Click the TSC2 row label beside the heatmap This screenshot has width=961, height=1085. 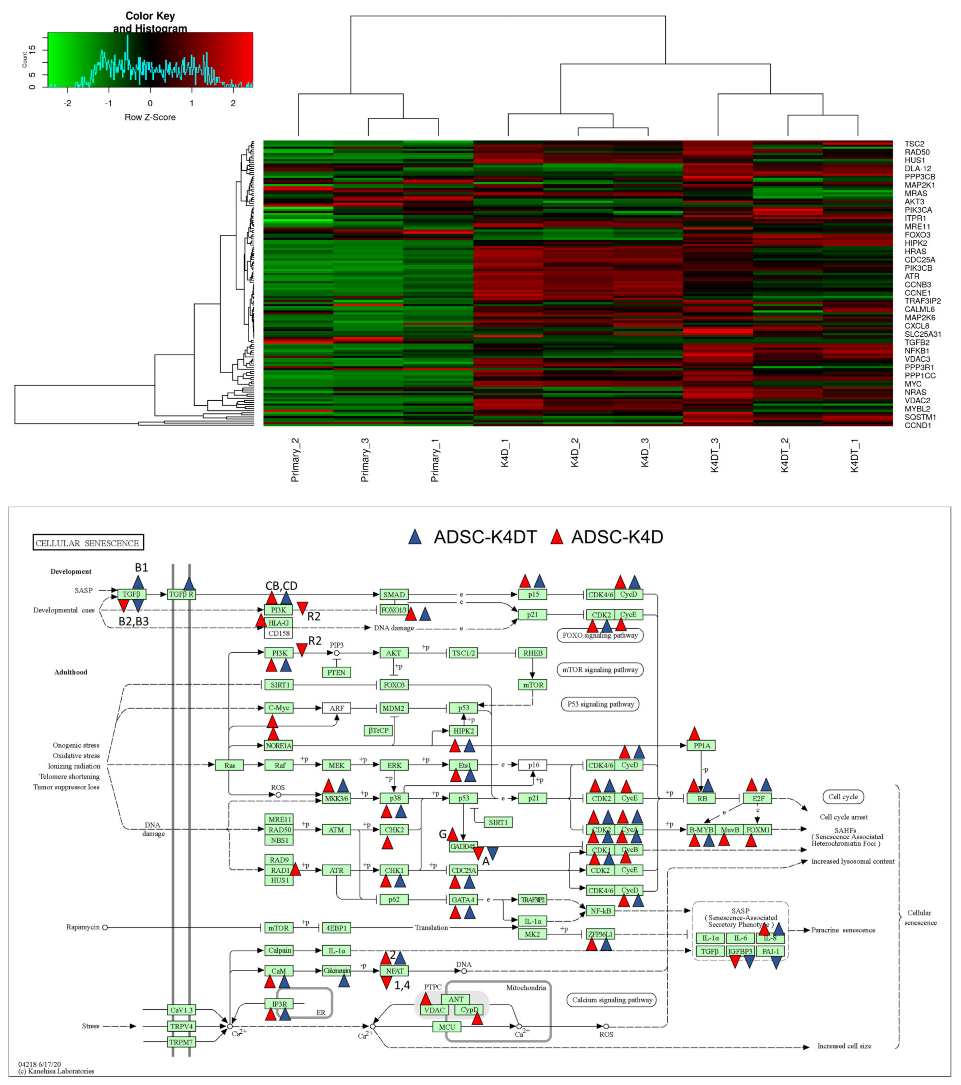[914, 144]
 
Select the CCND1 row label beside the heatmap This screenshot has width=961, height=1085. [917, 425]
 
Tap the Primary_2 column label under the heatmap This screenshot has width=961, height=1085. [295, 460]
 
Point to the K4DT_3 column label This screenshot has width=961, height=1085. [715, 456]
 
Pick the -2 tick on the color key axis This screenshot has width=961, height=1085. [67, 104]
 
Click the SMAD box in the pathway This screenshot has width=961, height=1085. [394, 595]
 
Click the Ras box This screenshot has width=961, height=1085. [229, 765]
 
